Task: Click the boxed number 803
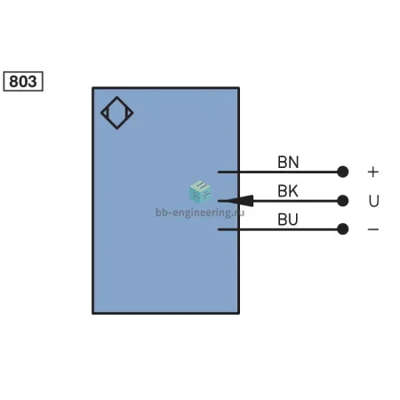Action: point(23,81)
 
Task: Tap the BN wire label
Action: point(288,163)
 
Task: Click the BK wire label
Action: point(288,191)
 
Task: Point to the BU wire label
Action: point(288,220)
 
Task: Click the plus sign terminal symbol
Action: point(373,172)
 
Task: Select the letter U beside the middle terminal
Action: point(374,201)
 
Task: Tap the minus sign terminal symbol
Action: point(373,229)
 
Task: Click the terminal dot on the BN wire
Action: point(343,172)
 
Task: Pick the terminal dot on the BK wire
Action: point(343,201)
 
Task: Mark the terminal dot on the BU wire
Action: point(343,229)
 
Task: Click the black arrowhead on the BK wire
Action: point(239,201)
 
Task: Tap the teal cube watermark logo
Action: point(200,192)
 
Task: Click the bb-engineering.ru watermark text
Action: point(200,212)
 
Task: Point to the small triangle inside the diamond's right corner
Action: point(129,113)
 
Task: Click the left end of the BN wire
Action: point(219,172)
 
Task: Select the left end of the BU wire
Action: point(219,229)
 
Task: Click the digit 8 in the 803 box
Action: point(14,82)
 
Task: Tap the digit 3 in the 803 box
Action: point(32,82)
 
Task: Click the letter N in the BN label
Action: point(293,163)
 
